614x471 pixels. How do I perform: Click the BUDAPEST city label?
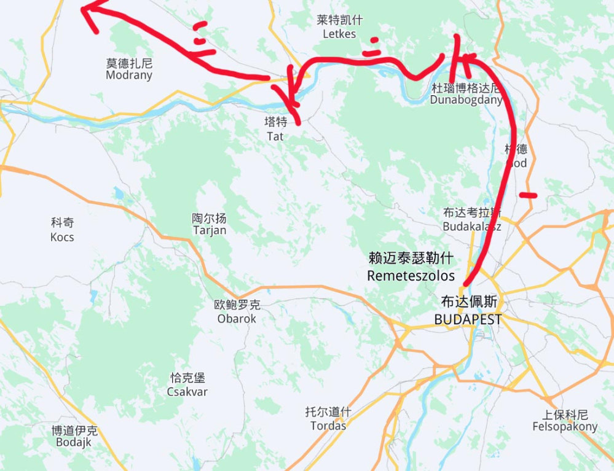pyautogui.click(x=468, y=319)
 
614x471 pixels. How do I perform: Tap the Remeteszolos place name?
pyautogui.click(x=411, y=275)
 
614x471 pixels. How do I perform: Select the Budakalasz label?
pyautogui.click(x=472, y=227)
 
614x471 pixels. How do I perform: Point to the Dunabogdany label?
pyautogui.click(x=466, y=99)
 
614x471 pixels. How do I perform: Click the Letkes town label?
pyautogui.click(x=339, y=34)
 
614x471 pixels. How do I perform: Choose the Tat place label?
pyautogui.click(x=275, y=136)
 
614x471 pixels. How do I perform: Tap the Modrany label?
pyautogui.click(x=129, y=76)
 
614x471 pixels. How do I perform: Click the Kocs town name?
pyautogui.click(x=62, y=236)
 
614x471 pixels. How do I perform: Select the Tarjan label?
pyautogui.click(x=210, y=230)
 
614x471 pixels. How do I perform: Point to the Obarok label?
pyautogui.click(x=237, y=318)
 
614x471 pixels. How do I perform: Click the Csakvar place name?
pyautogui.click(x=187, y=391)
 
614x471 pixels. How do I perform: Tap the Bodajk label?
pyautogui.click(x=74, y=442)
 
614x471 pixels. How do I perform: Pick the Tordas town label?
pyautogui.click(x=328, y=426)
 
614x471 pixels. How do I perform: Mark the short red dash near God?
pyautogui.click(x=528, y=195)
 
